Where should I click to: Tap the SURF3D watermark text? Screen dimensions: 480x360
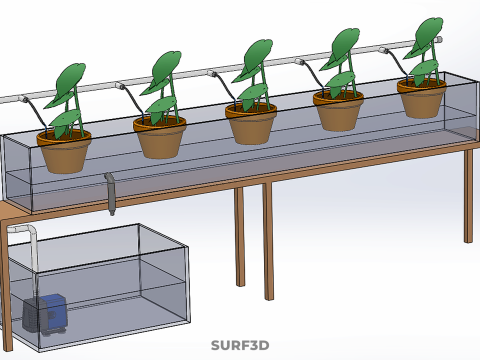(x=240, y=346)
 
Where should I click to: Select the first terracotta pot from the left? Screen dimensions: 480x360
(x=64, y=152)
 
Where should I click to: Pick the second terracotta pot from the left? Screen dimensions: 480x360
(x=160, y=138)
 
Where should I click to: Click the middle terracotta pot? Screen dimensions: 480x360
(x=251, y=124)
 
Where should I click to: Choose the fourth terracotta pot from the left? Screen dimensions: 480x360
(x=338, y=111)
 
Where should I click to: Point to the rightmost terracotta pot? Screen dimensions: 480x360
(x=422, y=98)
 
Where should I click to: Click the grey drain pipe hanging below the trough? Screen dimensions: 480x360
(x=111, y=195)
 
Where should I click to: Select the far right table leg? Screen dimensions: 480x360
(x=468, y=195)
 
